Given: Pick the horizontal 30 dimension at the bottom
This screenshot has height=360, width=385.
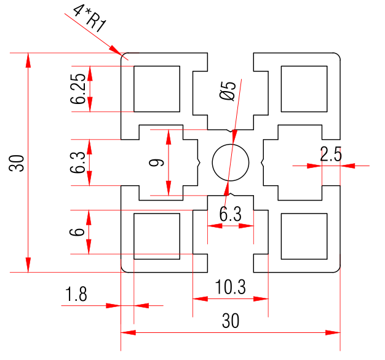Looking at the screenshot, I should point(231,321).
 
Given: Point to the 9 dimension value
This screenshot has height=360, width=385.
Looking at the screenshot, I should point(157,162).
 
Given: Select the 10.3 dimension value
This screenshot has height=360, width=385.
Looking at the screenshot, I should point(231,287).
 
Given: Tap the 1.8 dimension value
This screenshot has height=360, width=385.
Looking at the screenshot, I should point(76,294).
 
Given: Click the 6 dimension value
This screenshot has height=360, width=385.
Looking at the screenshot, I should point(77,232).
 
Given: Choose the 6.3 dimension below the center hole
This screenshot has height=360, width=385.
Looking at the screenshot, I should point(230,214).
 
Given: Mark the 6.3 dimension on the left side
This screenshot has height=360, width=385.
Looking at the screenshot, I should point(78,162).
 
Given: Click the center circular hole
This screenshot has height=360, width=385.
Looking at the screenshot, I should point(230,162).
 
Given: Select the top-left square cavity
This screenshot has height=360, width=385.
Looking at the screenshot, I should point(157,89).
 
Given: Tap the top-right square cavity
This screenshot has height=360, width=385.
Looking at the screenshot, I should point(303,89).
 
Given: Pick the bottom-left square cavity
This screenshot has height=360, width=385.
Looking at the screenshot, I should point(157,236).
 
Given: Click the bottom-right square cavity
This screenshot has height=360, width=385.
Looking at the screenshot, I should point(303,236).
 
